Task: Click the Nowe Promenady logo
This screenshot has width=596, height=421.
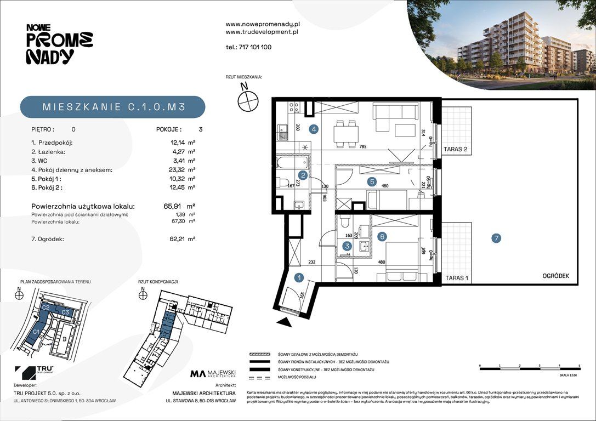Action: [x=59, y=43]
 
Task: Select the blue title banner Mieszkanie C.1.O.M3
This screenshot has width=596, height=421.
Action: [x=112, y=107]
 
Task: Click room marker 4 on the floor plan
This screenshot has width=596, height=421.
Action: [x=314, y=130]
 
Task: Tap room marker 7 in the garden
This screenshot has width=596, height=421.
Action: [x=496, y=238]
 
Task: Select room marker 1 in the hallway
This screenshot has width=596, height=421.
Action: [x=299, y=277]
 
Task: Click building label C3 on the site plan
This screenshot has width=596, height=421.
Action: [x=65, y=312]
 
